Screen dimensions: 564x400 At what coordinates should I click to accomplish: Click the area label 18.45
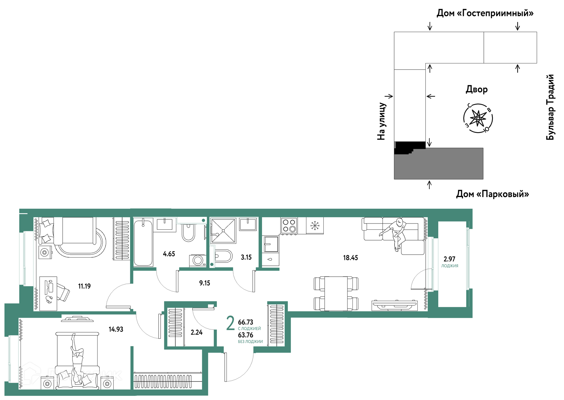[x=350, y=258]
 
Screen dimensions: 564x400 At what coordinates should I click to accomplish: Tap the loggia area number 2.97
[x=449, y=259]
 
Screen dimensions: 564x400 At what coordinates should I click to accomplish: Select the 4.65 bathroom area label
[x=169, y=254]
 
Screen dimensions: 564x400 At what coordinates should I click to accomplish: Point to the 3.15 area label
[x=246, y=257]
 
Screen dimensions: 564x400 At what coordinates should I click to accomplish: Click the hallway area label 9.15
[x=204, y=283]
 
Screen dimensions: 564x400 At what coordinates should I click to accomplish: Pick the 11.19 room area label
[x=84, y=286]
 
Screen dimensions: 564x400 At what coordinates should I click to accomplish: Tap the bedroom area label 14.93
[x=116, y=329]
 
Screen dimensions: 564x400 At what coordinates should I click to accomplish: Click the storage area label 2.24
[x=197, y=332]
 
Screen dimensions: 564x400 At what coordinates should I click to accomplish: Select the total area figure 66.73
[x=246, y=322]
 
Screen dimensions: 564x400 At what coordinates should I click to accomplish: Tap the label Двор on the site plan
[x=477, y=89]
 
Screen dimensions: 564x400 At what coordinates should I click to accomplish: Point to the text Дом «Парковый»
[x=493, y=194]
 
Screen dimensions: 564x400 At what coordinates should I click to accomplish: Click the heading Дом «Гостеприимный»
[x=485, y=13]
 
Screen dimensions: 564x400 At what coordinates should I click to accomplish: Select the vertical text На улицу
[x=381, y=121]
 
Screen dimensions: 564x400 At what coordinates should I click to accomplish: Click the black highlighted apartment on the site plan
[x=409, y=147]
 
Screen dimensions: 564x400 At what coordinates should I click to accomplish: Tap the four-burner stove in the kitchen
[x=289, y=226]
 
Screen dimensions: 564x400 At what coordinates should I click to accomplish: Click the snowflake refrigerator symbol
[x=315, y=226]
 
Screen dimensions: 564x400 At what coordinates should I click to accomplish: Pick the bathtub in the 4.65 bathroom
[x=143, y=243]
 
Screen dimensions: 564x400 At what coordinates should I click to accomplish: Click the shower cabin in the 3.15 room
[x=223, y=231]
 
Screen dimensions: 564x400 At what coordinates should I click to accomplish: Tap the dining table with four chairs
[x=336, y=294]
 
